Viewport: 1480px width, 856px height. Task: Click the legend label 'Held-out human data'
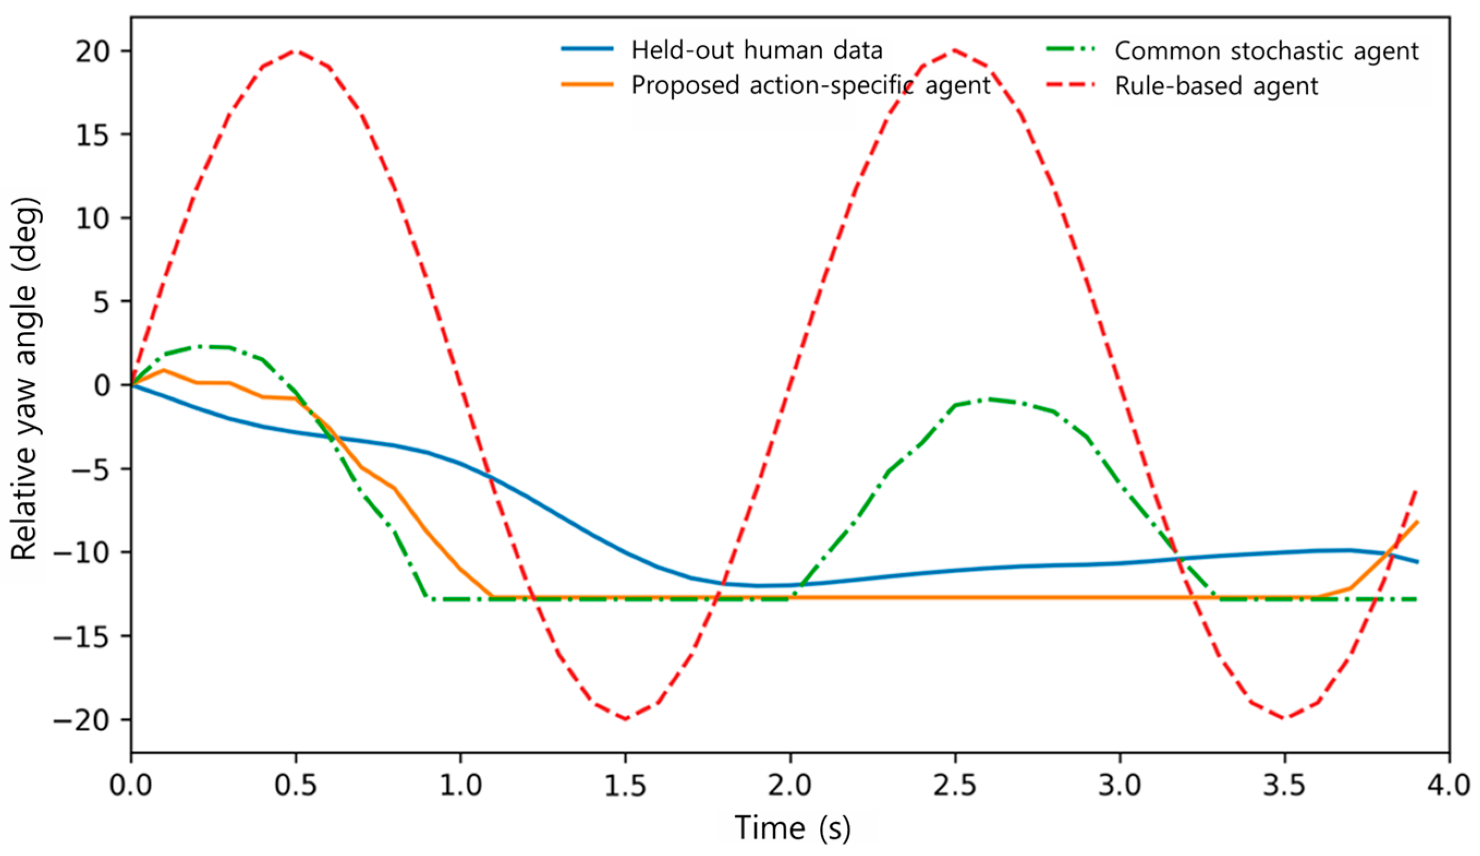(x=757, y=51)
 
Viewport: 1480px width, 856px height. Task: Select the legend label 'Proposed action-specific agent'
(x=811, y=86)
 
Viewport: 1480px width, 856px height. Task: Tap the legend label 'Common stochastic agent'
(x=1267, y=51)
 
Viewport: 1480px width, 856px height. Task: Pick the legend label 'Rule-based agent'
(x=1216, y=87)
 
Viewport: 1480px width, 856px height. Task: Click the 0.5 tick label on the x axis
(x=295, y=786)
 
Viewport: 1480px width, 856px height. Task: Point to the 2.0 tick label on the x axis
(x=790, y=786)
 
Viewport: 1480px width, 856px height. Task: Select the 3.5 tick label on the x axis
(x=1284, y=786)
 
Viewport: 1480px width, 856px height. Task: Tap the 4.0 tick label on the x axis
(x=1449, y=786)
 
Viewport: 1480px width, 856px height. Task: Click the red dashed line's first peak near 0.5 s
(x=295, y=51)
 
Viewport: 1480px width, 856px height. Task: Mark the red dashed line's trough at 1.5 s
(x=625, y=719)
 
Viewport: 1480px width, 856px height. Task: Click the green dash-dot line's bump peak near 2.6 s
(x=987, y=399)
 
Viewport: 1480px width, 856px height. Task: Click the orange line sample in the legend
(x=587, y=84)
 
